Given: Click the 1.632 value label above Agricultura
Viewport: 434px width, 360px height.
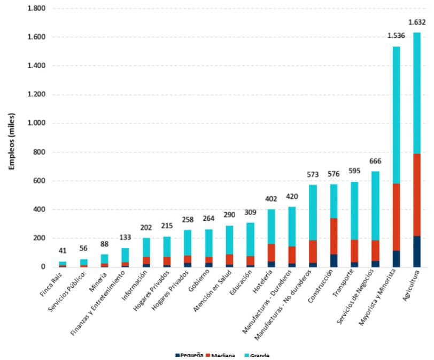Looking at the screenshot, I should click(x=416, y=22).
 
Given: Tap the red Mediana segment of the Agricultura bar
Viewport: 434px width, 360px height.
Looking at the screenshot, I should click(x=416, y=195).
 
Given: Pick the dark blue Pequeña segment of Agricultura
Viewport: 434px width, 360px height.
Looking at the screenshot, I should click(x=416, y=251).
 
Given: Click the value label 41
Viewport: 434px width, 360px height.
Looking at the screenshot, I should click(x=63, y=250).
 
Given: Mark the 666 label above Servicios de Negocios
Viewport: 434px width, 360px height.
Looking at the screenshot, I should click(x=376, y=162).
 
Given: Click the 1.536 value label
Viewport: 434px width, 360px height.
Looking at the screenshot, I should click(x=397, y=36).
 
